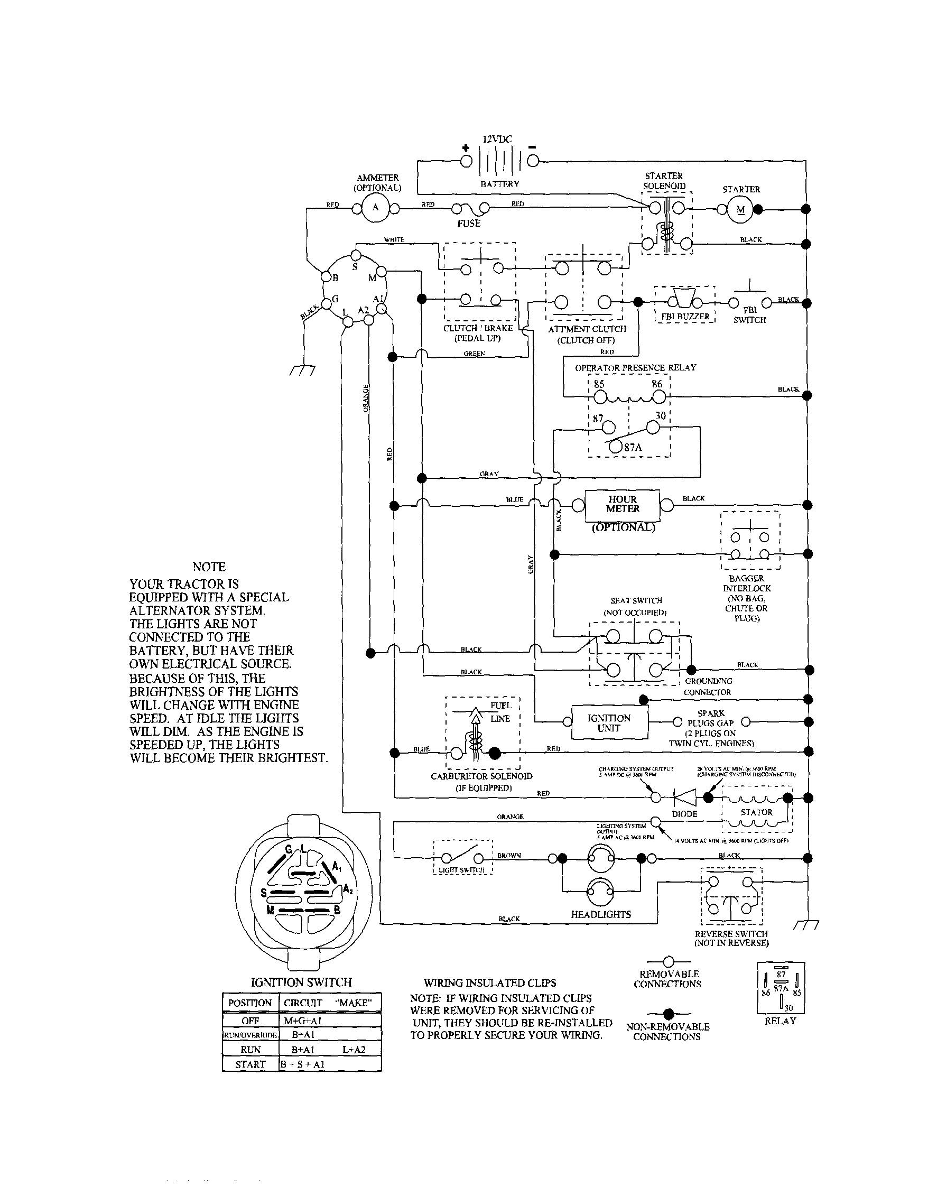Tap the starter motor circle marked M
coord(740,210)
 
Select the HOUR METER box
coord(622,504)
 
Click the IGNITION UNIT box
coord(609,723)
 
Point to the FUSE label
coord(469,224)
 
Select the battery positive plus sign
coord(466,148)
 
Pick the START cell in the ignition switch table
coord(250,1064)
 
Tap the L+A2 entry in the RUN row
coord(354,1050)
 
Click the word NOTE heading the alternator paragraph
coord(209,567)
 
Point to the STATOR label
coord(756,812)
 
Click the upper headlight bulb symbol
coord(601,858)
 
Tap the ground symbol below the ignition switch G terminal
coord(303,371)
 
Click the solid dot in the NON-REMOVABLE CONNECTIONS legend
coord(669,1014)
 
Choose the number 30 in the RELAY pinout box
coord(788,1008)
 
